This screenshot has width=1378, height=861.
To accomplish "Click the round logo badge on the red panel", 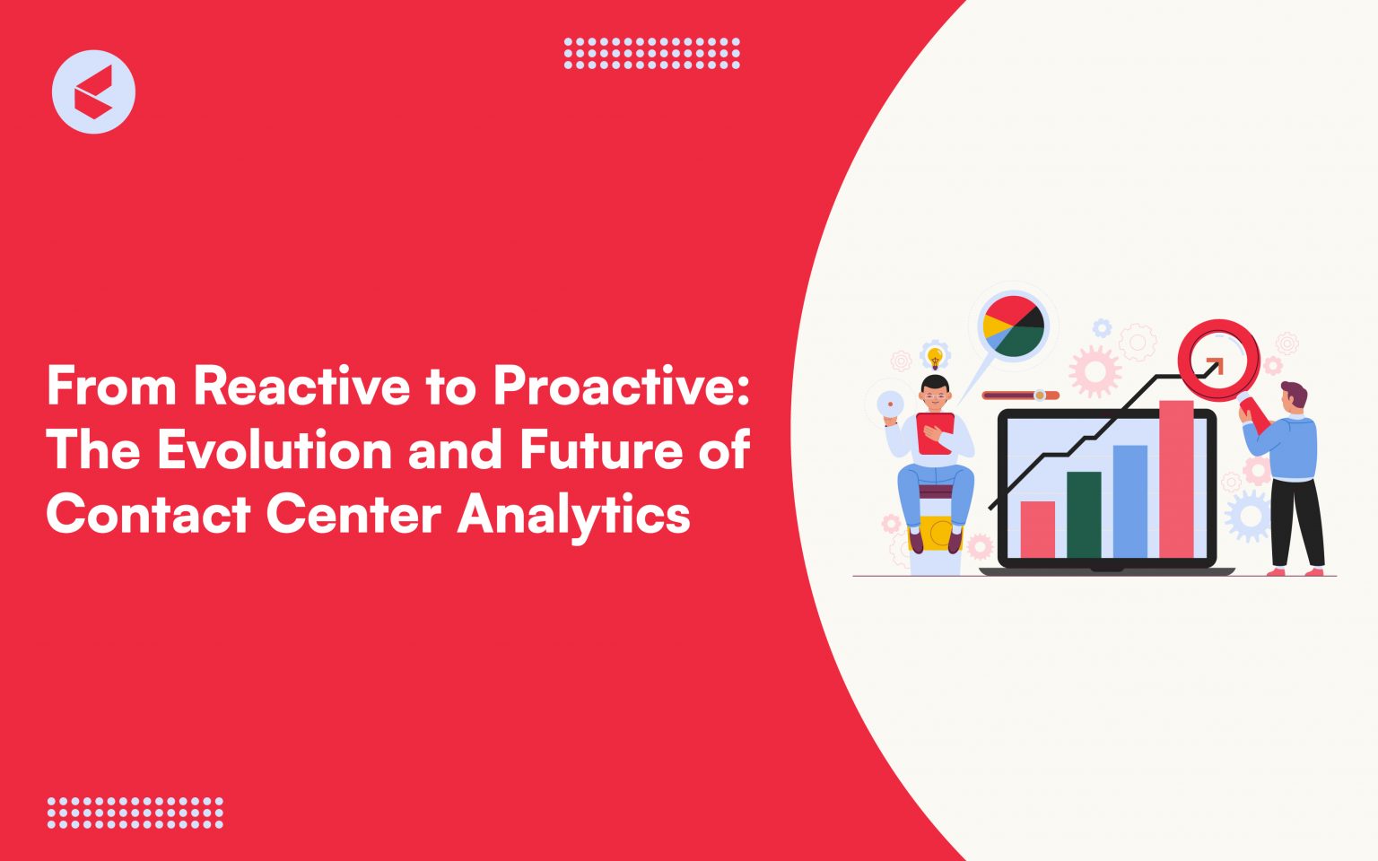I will point(93,92).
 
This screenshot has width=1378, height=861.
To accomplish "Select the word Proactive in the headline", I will point(620,387).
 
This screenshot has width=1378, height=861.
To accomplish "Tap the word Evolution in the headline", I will point(275,450).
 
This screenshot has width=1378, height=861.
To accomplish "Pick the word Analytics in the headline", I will point(573,515).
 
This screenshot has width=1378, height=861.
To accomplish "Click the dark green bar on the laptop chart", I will point(1084,515).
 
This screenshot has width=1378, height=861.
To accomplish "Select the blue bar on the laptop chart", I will point(1129,501).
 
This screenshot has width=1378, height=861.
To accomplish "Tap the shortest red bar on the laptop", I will point(1038,529).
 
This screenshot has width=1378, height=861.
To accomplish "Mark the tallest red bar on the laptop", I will point(1176,480).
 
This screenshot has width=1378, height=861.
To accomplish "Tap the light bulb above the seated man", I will point(936,357).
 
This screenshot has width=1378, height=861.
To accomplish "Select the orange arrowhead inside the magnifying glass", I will point(1214,365).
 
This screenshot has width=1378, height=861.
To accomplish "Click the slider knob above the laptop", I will point(1040,396).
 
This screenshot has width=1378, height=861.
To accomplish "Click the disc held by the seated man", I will point(889,405).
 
